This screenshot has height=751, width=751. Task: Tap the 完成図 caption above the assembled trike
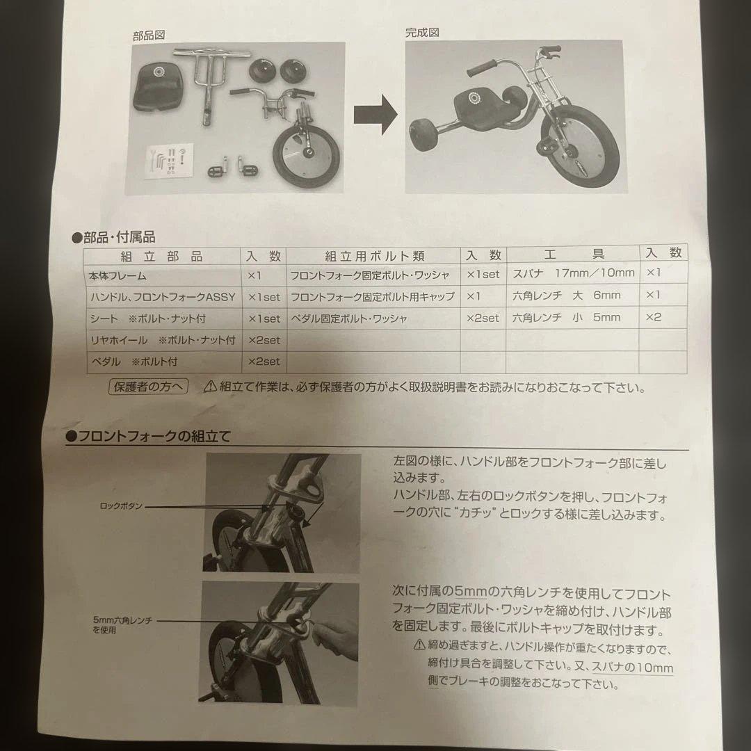point(422,33)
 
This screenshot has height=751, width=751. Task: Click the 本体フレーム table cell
point(118,275)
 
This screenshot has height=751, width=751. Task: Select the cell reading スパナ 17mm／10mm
point(573,273)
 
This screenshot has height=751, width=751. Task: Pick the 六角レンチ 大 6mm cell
point(566,295)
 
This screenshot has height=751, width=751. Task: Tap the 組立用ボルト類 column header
point(374,256)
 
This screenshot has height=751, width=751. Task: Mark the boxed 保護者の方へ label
point(149,387)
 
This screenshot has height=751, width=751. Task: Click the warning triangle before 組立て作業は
point(210,387)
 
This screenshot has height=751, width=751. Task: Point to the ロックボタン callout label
point(121,506)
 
